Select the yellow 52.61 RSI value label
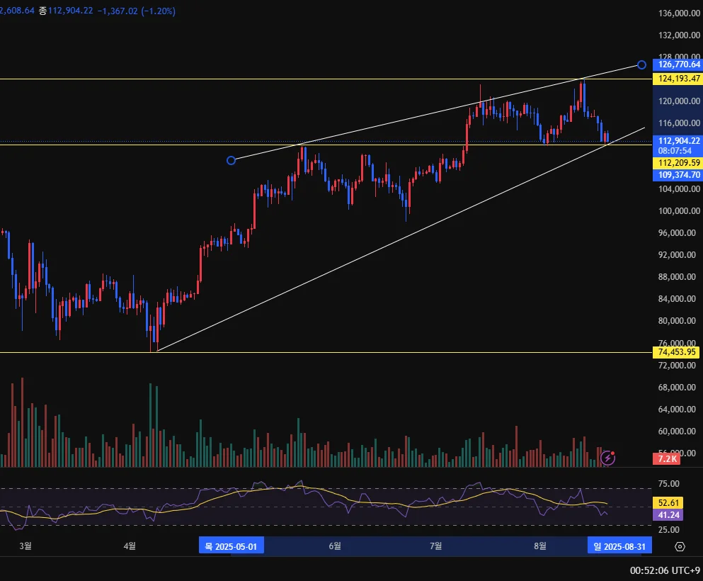click(x=669, y=502)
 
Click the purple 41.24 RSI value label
click(x=669, y=515)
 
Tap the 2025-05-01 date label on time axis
click(x=231, y=546)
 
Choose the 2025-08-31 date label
click(x=619, y=546)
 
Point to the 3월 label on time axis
click(x=25, y=546)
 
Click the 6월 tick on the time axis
click(x=335, y=546)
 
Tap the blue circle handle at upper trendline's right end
click(x=641, y=64)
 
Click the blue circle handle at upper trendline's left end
click(x=231, y=161)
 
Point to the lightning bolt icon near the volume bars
click(x=607, y=458)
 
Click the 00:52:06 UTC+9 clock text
click(x=665, y=570)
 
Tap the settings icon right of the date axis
click(x=680, y=546)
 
